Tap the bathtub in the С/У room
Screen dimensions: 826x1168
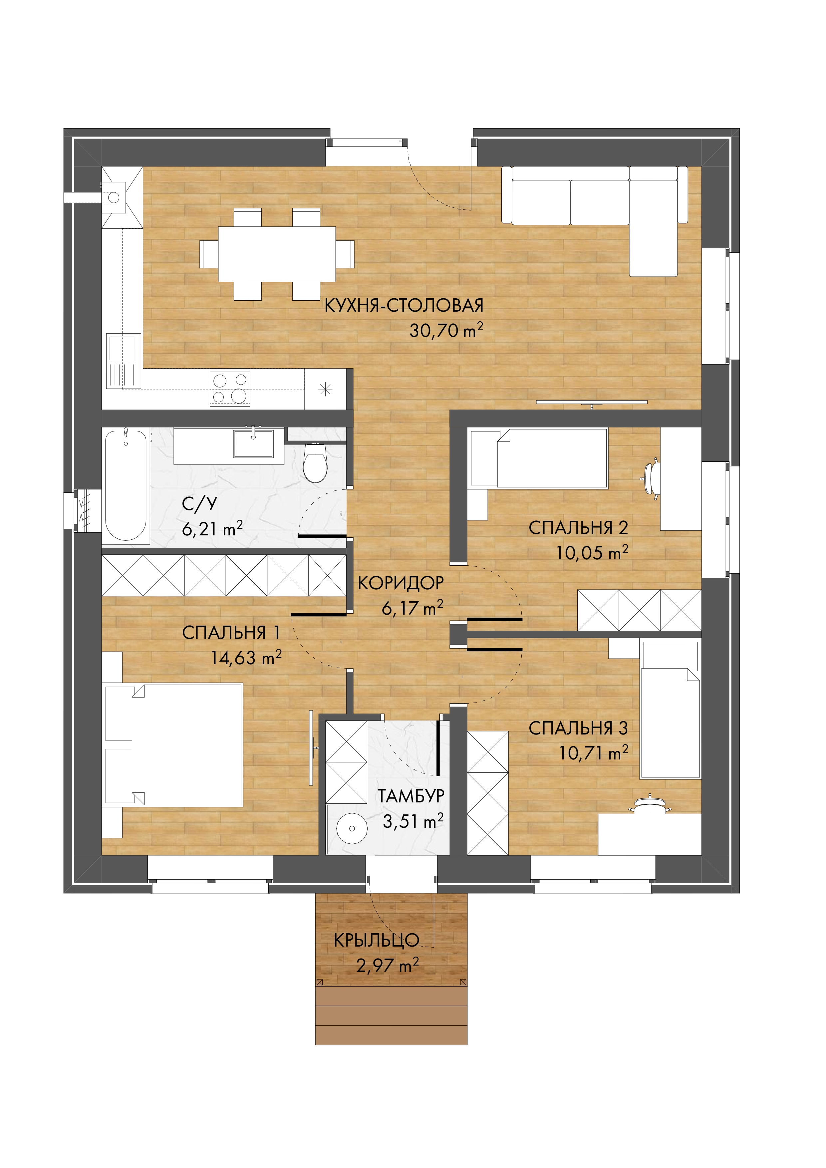[126, 486]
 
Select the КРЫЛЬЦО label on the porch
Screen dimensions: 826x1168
[377, 941]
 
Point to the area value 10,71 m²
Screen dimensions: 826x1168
[594, 753]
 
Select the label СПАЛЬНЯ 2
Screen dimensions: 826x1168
[578, 528]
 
